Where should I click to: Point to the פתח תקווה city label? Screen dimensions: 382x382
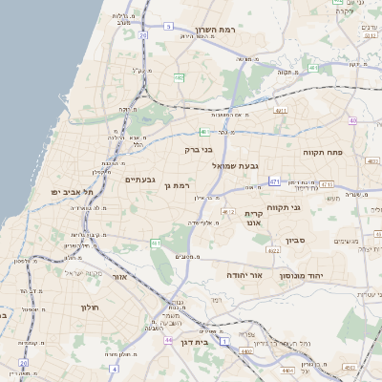tap(323, 152)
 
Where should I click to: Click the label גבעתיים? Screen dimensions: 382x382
tap(139, 179)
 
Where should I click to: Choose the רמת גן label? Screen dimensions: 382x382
tap(178, 184)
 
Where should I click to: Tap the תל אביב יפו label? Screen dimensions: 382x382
tap(74, 192)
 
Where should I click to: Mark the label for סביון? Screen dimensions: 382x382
tap(294, 240)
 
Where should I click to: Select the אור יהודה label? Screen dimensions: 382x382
tap(244, 274)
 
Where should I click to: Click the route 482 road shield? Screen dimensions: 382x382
tap(179, 78)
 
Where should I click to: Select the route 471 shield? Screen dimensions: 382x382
tap(274, 180)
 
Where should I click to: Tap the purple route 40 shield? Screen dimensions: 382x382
tap(352, 120)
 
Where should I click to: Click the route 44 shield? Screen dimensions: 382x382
tap(168, 340)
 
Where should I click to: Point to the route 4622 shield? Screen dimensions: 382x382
tap(273, 250)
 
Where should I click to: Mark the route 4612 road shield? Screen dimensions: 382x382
tap(227, 211)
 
